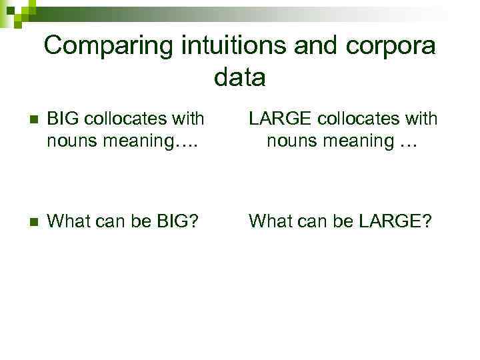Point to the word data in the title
pyautogui.click(x=240, y=78)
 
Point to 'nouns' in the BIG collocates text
pyautogui.click(x=69, y=141)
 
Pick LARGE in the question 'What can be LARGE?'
pyautogui.click(x=393, y=221)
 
